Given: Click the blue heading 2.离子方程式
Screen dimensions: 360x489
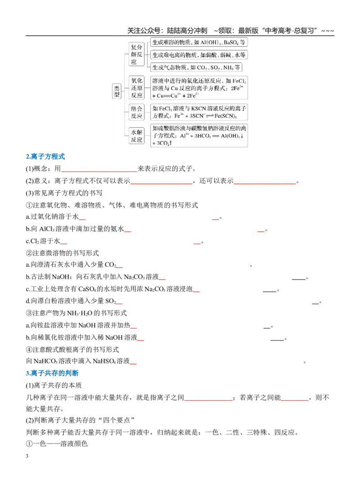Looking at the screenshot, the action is tap(45, 156).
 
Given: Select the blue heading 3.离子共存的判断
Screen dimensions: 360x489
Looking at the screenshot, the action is tap(52, 373).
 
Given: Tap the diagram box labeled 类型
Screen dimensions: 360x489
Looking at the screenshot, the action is tap(117, 91).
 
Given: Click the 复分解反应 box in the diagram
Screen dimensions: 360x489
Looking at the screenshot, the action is tap(136, 54).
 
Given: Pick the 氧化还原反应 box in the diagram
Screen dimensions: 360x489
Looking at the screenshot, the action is tap(136, 88).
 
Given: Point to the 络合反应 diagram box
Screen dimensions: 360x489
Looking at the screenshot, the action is tap(136, 112).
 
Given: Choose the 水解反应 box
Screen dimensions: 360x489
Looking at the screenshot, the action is tap(136, 136).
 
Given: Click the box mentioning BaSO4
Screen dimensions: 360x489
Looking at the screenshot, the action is tap(199, 42).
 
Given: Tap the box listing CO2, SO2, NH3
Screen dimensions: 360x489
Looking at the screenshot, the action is tap(196, 68).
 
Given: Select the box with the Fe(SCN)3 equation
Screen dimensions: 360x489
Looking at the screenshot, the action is tap(199, 112).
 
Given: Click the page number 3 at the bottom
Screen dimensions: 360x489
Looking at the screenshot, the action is tap(27, 456).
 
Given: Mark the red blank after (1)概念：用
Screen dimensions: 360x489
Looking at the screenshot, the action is tap(99, 171).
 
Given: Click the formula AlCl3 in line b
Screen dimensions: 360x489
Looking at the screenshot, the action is tap(47, 229).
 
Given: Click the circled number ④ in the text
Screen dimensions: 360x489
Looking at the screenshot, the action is tap(29, 349).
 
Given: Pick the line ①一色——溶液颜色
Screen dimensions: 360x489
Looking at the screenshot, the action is tap(57, 444).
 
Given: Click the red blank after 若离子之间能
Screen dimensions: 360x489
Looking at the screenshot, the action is tap(295, 400).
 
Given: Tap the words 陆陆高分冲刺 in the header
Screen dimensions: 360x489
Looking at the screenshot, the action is tap(187, 31).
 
